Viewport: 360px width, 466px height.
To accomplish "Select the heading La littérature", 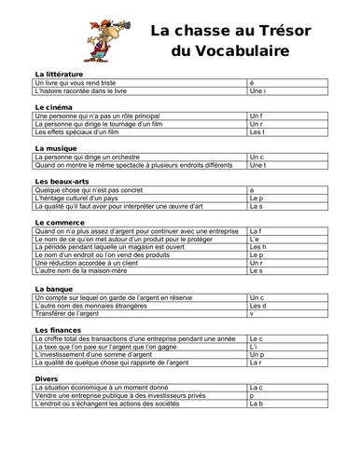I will click(58, 74).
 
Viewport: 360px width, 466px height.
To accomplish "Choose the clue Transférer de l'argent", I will click(67, 314).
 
